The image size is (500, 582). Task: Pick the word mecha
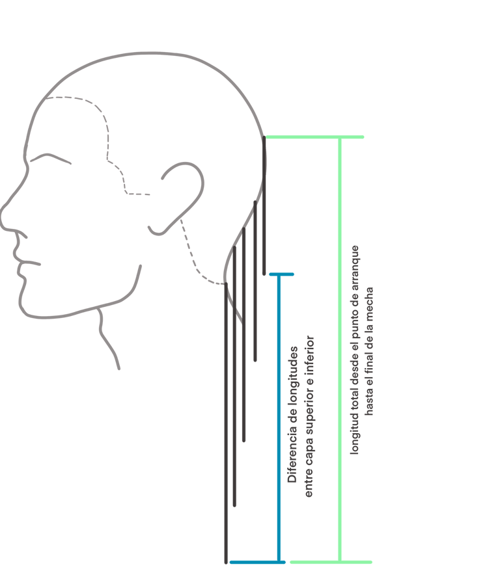pos(370,304)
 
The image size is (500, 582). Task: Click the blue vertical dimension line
pos(279,416)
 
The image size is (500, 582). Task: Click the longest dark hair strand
pos(226,423)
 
